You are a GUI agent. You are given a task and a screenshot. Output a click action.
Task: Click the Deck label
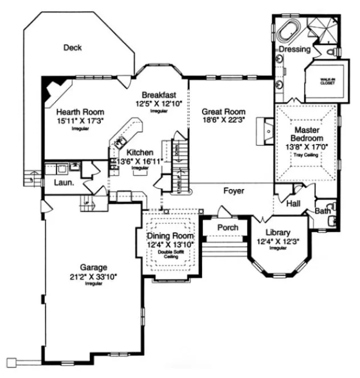72,48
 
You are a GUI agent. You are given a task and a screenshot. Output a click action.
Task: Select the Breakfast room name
159,94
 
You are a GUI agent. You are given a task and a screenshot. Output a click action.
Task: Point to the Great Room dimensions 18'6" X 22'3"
224,121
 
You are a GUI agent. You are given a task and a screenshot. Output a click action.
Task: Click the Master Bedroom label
307,134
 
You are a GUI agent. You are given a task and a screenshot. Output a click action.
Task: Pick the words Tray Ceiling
307,155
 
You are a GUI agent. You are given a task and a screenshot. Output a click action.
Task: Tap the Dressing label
294,50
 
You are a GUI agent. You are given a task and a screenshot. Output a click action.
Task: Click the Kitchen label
140,153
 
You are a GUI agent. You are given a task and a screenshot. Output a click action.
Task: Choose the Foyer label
234,191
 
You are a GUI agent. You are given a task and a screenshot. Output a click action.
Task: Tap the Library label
278,232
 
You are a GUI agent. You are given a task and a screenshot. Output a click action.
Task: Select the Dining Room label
170,236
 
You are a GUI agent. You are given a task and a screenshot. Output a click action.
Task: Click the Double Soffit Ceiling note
170,254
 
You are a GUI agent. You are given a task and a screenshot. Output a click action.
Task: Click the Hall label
294,203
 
